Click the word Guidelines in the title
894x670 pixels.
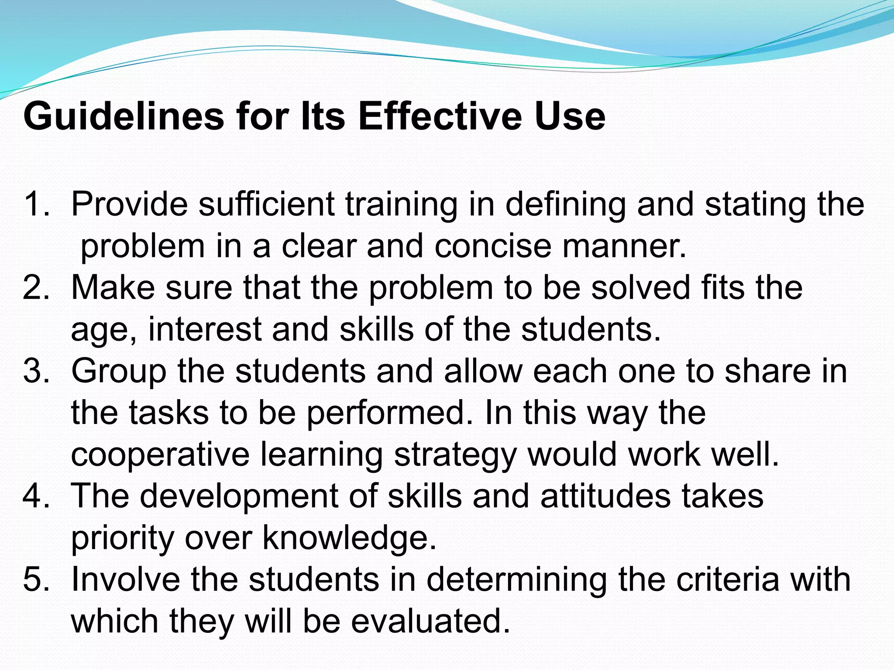[124, 117]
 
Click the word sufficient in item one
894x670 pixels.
[266, 204]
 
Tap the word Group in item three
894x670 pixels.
[119, 371]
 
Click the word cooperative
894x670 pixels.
[160, 455]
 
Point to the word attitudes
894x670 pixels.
[605, 496]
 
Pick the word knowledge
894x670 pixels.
[349, 538]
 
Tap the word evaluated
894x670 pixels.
[430, 621]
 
